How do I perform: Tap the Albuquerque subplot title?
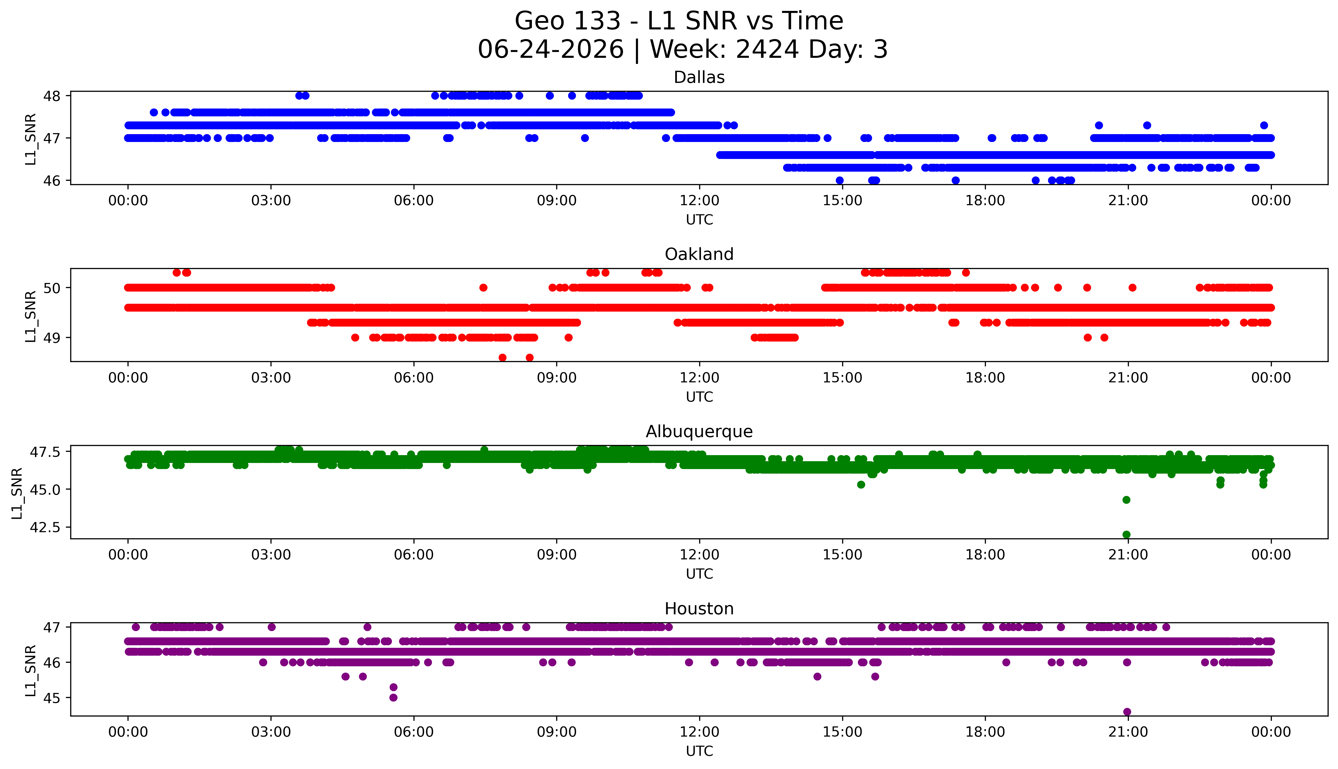[x=699, y=432]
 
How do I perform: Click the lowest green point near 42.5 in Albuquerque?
[x=1126, y=534]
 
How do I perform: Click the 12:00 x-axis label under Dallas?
[x=700, y=201]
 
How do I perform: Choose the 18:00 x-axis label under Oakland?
[x=985, y=378]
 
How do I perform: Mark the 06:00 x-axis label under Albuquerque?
[x=414, y=555]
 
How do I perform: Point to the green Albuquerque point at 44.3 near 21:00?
[x=1126, y=500]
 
